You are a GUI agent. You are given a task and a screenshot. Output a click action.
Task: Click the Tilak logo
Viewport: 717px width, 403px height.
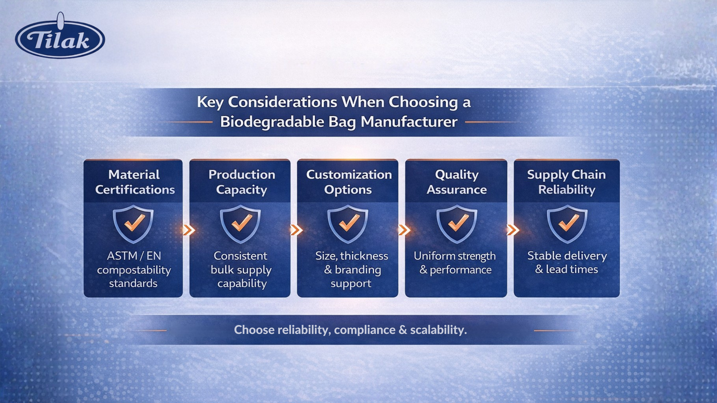point(60,36)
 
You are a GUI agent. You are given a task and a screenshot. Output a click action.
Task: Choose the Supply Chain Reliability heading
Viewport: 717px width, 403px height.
point(566,182)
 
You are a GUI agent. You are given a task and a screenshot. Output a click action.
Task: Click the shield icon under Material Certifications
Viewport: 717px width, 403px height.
point(133,224)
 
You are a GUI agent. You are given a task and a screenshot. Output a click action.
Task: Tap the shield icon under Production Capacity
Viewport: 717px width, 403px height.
point(240,224)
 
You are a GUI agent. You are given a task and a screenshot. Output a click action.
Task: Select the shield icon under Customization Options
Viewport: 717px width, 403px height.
point(348,224)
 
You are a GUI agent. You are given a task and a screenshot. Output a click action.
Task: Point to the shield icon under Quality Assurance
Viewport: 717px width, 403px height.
point(457,224)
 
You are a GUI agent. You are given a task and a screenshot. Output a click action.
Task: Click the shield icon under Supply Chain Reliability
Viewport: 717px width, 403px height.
point(567,224)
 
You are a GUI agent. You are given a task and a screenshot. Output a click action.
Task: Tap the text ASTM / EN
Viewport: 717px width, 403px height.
point(134,256)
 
